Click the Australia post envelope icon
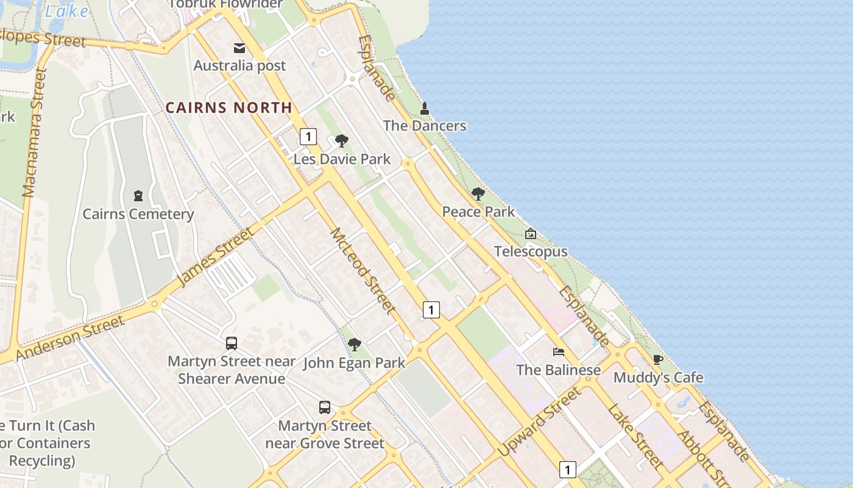pos(239,48)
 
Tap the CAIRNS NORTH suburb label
pos(229,108)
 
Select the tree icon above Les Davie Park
pos(342,141)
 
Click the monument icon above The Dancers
pos(425,109)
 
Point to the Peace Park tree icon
pos(478,194)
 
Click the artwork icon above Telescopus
pos(531,234)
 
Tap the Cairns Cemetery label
pos(138,214)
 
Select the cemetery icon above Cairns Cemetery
pos(138,196)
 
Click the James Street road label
pos(214,256)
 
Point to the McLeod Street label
pos(363,271)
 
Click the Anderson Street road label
pos(70,337)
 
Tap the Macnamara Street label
pos(34,133)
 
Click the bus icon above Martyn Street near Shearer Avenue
pos(232,343)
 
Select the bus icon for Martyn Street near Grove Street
pos(325,407)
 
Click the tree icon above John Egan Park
pos(355,345)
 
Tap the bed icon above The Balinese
pos(558,352)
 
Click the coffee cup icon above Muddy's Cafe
pos(657,359)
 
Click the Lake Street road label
pos(635,436)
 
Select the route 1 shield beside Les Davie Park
pos(308,137)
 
